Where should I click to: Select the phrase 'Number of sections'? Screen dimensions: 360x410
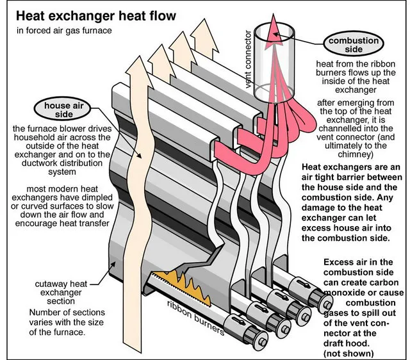50,311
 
